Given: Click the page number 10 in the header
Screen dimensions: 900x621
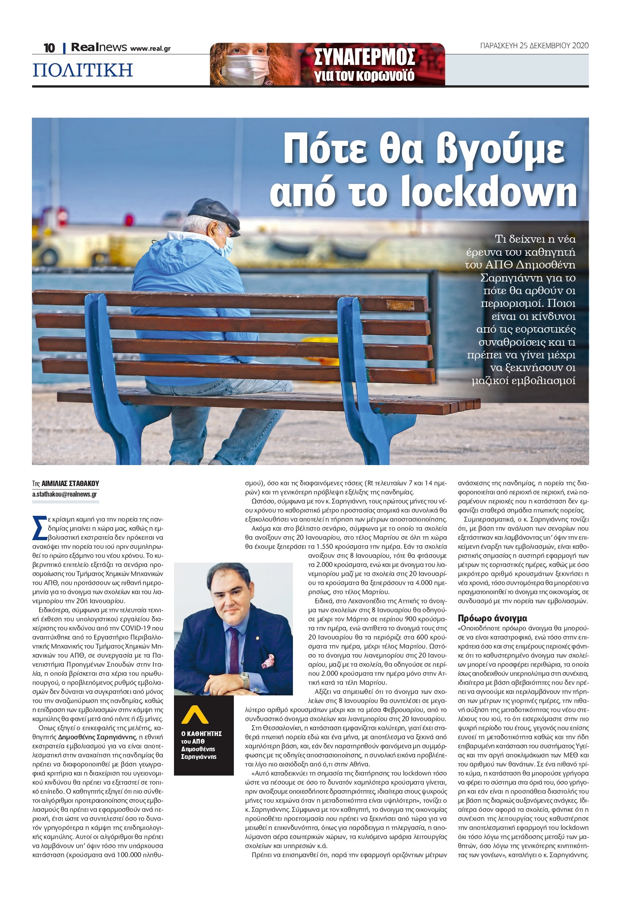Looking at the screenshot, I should pos(49,48).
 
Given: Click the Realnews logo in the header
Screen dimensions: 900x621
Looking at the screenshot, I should pos(99,48).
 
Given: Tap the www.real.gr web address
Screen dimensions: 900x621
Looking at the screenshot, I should pos(150,49).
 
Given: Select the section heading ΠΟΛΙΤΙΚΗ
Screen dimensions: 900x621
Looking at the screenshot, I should pos(83,70).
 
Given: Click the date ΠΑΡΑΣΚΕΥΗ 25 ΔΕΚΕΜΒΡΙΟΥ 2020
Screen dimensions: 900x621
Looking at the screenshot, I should pos(534,46).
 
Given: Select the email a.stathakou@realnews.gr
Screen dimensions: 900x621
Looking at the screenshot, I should pos(65,494).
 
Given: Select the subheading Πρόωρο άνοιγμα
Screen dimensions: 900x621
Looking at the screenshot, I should pos(492,619).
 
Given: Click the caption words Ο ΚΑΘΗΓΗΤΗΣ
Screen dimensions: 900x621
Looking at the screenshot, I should pos(202,734).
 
